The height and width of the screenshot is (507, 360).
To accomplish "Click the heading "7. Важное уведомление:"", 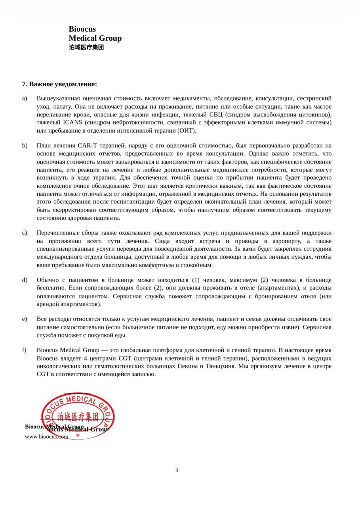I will point(59,84).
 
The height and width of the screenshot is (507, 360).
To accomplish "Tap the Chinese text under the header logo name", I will point(86,47).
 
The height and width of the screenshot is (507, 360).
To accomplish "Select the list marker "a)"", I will point(25,98).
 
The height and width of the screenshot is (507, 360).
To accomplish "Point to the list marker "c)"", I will point(25,233).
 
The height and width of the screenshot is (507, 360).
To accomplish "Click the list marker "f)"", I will point(25,350).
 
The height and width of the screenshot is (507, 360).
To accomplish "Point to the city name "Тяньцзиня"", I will point(221,366).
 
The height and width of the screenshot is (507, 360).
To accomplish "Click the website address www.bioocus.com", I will point(46,436).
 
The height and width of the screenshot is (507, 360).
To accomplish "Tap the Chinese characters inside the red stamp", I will point(78,417).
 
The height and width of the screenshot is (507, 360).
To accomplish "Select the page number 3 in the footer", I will point(177,471).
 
